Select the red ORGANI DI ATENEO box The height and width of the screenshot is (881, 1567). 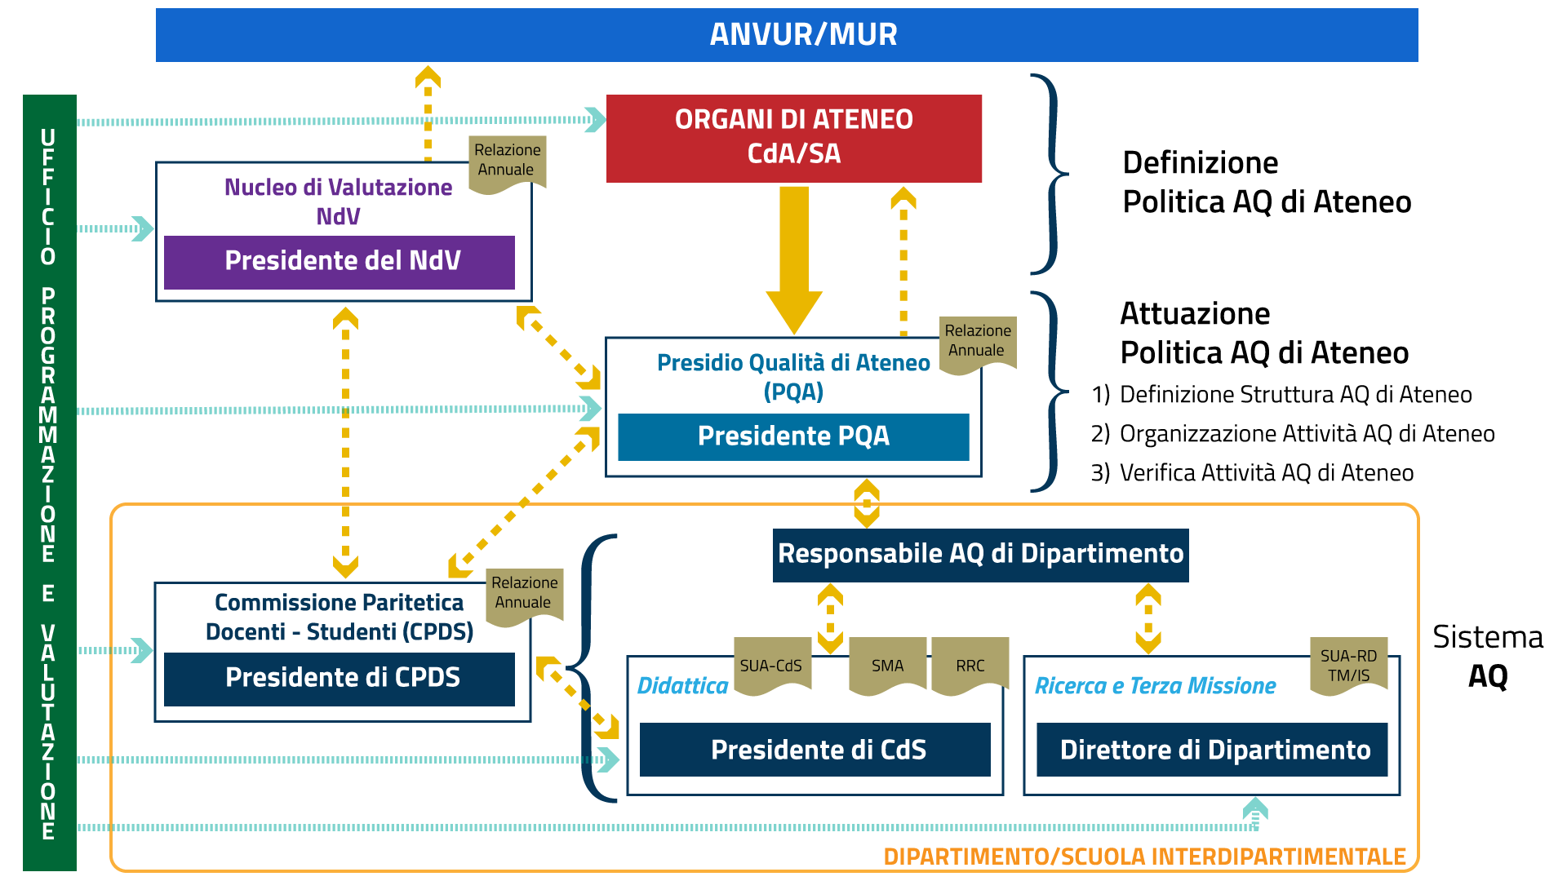(x=793, y=138)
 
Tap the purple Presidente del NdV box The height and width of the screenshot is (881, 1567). (x=339, y=262)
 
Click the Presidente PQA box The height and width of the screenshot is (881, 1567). (x=793, y=436)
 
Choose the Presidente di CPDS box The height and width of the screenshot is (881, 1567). (x=339, y=679)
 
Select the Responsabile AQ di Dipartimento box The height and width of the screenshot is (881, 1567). (x=980, y=555)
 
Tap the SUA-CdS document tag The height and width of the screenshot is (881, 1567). (x=771, y=666)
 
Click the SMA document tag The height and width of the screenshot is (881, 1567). (x=887, y=666)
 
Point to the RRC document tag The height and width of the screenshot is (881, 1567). (x=970, y=666)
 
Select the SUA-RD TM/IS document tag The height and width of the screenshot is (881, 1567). (x=1348, y=666)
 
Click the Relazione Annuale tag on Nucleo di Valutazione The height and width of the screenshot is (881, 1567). (x=507, y=162)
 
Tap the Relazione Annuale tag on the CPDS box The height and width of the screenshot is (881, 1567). (x=524, y=594)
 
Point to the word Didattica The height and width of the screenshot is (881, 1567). (x=682, y=686)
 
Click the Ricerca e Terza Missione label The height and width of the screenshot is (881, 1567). (x=1155, y=686)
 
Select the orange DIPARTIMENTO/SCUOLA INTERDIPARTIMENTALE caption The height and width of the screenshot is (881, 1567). (x=1144, y=857)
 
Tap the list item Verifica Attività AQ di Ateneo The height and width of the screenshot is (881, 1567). (x=1266, y=473)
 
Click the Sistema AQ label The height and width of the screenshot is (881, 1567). (x=1488, y=657)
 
